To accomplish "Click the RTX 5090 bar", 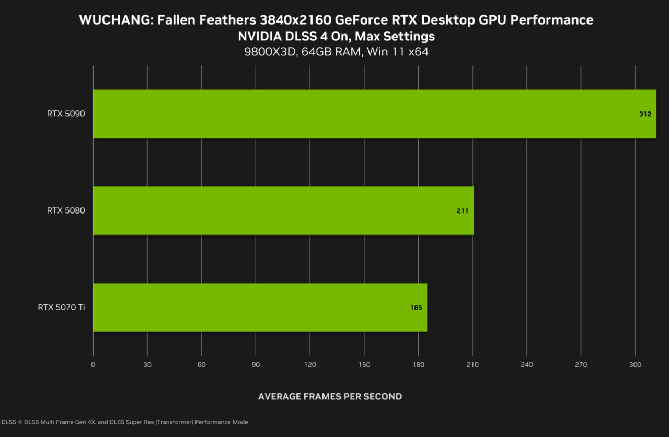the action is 375,114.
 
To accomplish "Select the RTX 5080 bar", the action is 283,210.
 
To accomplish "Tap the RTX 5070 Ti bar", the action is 260,308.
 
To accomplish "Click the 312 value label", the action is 645,114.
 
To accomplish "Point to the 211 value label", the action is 463,211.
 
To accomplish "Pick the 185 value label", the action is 416,308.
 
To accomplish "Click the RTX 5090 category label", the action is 66,114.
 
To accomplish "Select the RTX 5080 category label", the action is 66,210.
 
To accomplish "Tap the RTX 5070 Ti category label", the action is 61,307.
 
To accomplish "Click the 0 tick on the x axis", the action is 93,365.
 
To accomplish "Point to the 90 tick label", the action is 256,365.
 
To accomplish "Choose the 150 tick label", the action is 364,365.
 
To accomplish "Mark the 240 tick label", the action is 527,365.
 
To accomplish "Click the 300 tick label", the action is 635,365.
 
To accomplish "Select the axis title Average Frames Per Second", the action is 330,396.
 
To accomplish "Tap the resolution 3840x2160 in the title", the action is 295,20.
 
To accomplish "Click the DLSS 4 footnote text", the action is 124,422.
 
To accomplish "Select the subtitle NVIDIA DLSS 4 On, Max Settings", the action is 336,37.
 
